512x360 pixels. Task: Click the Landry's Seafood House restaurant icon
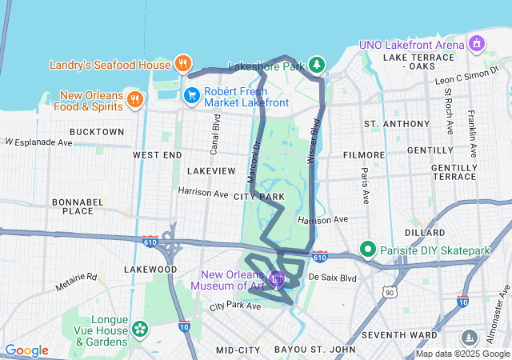tap(182, 64)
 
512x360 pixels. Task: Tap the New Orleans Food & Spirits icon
tap(134, 99)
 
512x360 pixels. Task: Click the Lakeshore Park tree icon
tap(318, 64)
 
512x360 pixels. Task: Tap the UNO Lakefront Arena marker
tap(478, 42)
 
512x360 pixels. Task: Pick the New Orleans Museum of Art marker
tap(277, 279)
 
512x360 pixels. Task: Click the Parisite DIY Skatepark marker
tap(368, 250)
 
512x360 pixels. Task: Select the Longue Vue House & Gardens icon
tap(140, 328)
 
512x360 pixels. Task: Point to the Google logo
tap(26, 350)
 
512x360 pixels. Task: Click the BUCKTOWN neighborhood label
tap(97, 131)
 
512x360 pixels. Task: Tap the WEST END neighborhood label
tap(157, 154)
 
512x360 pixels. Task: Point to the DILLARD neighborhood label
tap(425, 233)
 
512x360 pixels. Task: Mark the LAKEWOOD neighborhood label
tap(151, 270)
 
